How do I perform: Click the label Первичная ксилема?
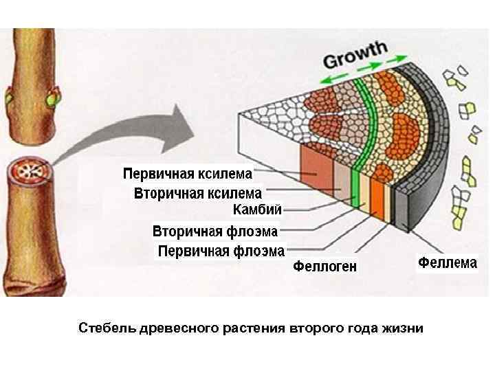point(188,172)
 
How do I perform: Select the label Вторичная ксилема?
point(197,193)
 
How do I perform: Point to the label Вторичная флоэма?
point(215,231)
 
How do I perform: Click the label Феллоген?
point(325,267)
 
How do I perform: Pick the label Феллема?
point(448,262)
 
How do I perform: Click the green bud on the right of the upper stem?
point(51,100)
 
